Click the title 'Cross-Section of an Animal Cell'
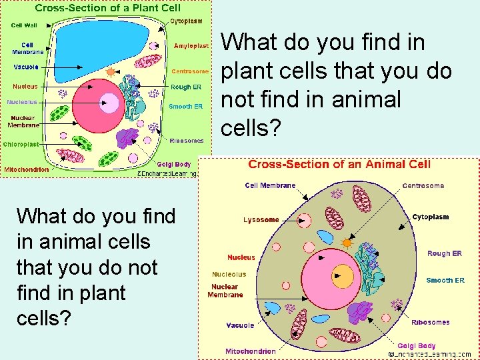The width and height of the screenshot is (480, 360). (x=339, y=164)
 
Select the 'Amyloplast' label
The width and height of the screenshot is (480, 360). (x=191, y=46)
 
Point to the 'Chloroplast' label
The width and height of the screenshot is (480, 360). (x=21, y=144)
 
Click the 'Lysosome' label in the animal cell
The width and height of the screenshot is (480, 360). (x=261, y=219)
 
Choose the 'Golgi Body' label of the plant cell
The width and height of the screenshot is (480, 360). (x=173, y=164)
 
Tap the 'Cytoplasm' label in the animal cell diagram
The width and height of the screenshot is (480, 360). (x=430, y=217)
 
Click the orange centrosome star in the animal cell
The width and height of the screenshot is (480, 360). (x=346, y=243)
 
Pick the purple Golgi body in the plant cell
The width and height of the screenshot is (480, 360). (x=126, y=138)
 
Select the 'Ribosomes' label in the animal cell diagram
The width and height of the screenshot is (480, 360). (x=430, y=322)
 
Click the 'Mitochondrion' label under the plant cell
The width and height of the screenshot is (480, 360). (x=27, y=169)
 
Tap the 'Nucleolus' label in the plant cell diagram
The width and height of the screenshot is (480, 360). (x=22, y=102)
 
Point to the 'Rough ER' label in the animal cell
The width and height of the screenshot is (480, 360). (x=444, y=253)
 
